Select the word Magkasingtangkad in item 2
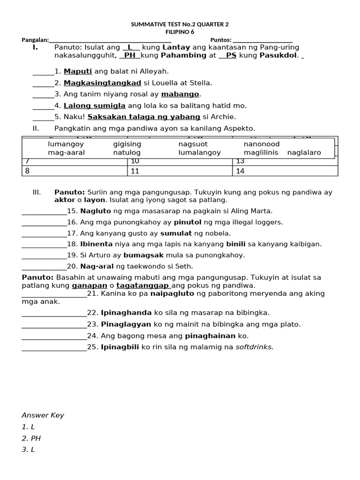pyautogui.click(x=102, y=83)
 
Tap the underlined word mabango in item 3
pyautogui.click(x=180, y=94)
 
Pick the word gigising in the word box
pyautogui.click(x=127, y=144)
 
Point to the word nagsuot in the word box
pyautogui.click(x=193, y=144)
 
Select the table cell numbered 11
pyautogui.click(x=180, y=171)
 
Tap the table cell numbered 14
pyautogui.click(x=285, y=171)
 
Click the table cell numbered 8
pyautogui.click(x=75, y=171)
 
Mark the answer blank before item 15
pyautogui.click(x=44, y=211)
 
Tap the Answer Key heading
pyautogui.click(x=43, y=415)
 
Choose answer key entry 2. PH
pyautogui.click(x=31, y=438)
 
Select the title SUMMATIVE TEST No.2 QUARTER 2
pyautogui.click(x=180, y=24)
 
